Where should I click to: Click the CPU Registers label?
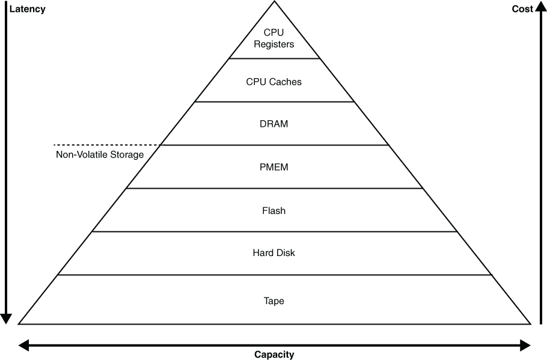(x=274, y=38)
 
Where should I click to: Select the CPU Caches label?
(x=274, y=82)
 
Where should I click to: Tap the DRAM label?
(x=274, y=124)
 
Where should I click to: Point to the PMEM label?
(x=274, y=167)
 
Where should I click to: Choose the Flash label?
(x=274, y=211)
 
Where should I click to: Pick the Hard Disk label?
(x=274, y=253)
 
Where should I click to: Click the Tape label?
(x=274, y=301)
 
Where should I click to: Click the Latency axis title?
(x=28, y=9)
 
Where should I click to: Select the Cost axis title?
(x=522, y=9)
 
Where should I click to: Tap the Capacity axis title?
(x=274, y=355)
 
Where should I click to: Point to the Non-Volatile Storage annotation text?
(x=100, y=155)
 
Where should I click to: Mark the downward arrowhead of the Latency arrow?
(x=7, y=319)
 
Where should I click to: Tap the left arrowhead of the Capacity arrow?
(x=25, y=344)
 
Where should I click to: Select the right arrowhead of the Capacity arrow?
(x=525, y=344)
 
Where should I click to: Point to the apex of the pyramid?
(x=275, y=2)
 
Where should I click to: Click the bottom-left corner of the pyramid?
(x=20, y=323)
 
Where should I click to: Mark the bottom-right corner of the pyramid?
(x=530, y=323)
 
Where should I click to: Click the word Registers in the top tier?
(x=274, y=44)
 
